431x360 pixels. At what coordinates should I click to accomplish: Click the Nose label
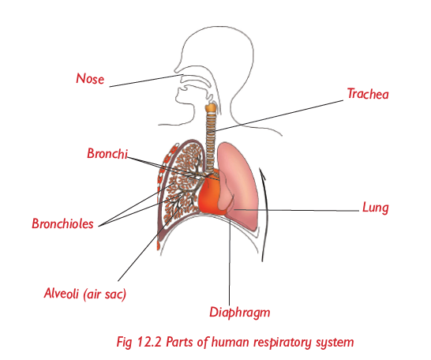(90, 79)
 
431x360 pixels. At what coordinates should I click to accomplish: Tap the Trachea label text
(368, 94)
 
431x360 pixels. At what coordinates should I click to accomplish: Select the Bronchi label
(107, 153)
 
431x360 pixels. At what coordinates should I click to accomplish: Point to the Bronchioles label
(62, 223)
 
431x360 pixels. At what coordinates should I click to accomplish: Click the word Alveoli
(62, 293)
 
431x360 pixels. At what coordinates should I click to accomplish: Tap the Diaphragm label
(240, 313)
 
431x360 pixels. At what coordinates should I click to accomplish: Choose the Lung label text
(376, 208)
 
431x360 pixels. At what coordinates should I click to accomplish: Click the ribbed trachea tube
(211, 141)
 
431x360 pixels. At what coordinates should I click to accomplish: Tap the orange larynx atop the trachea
(211, 107)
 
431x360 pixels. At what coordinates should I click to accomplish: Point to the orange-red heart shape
(209, 194)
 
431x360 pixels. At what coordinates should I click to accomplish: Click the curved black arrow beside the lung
(264, 215)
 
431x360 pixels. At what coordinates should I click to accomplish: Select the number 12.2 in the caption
(149, 342)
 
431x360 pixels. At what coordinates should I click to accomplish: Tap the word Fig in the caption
(124, 343)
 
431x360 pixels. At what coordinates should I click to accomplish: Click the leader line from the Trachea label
(279, 116)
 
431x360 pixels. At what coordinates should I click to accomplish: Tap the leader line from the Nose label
(146, 81)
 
